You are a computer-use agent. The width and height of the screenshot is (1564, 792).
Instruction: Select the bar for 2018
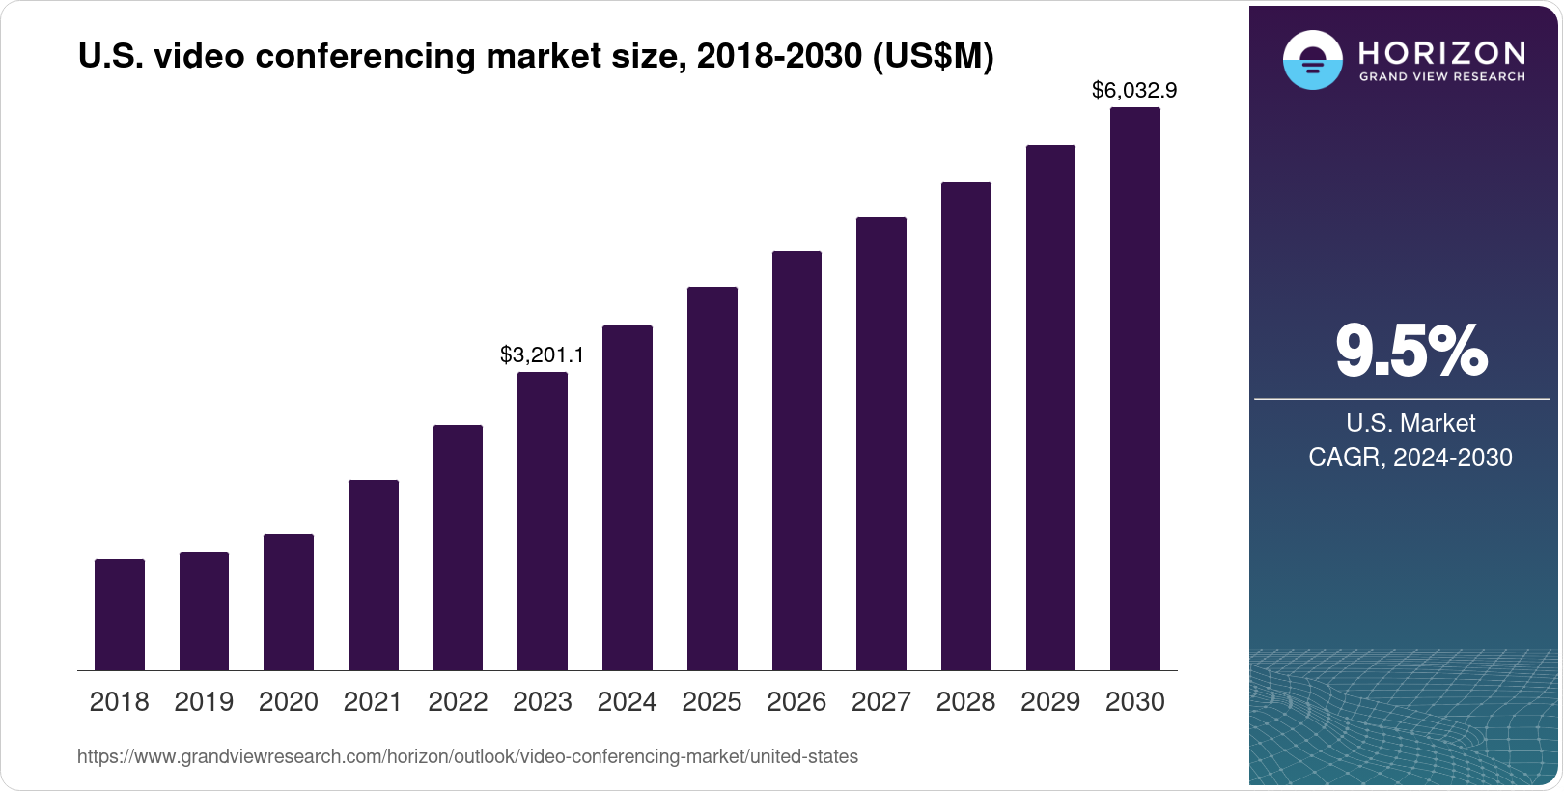pos(120,614)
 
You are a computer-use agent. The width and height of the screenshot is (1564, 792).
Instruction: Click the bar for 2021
pos(374,575)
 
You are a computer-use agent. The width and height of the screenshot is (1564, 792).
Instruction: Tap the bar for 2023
pos(543,521)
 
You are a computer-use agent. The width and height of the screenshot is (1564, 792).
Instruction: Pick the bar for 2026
pos(796,461)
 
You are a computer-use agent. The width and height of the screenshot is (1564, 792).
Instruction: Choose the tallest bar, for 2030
pos(1135,388)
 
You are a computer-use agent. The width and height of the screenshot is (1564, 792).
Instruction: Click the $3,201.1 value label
pos(542,355)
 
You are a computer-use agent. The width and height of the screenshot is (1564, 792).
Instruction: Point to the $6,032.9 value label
pos(1134,91)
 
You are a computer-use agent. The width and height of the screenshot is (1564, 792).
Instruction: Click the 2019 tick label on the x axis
pos(204,702)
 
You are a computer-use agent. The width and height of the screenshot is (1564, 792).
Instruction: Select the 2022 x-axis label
pos(458,702)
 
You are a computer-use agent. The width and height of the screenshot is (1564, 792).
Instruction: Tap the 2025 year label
pos(712,702)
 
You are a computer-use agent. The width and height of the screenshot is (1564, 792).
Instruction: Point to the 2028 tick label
pos(965,702)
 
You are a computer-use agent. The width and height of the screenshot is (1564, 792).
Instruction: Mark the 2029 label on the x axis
pos(1050,702)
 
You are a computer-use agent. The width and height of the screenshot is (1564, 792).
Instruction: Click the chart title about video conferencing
pos(536,57)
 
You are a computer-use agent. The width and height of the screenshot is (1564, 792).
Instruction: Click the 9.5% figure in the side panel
pos(1410,351)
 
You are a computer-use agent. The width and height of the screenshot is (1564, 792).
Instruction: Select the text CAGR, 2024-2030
pos(1410,457)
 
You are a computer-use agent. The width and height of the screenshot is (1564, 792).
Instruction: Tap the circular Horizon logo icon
pos(1312,60)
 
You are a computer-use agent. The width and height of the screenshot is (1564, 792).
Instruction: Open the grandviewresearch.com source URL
pos(467,757)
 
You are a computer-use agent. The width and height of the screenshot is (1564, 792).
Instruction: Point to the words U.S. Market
pos(1410,423)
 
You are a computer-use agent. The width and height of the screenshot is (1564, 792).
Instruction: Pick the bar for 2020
pos(289,602)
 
